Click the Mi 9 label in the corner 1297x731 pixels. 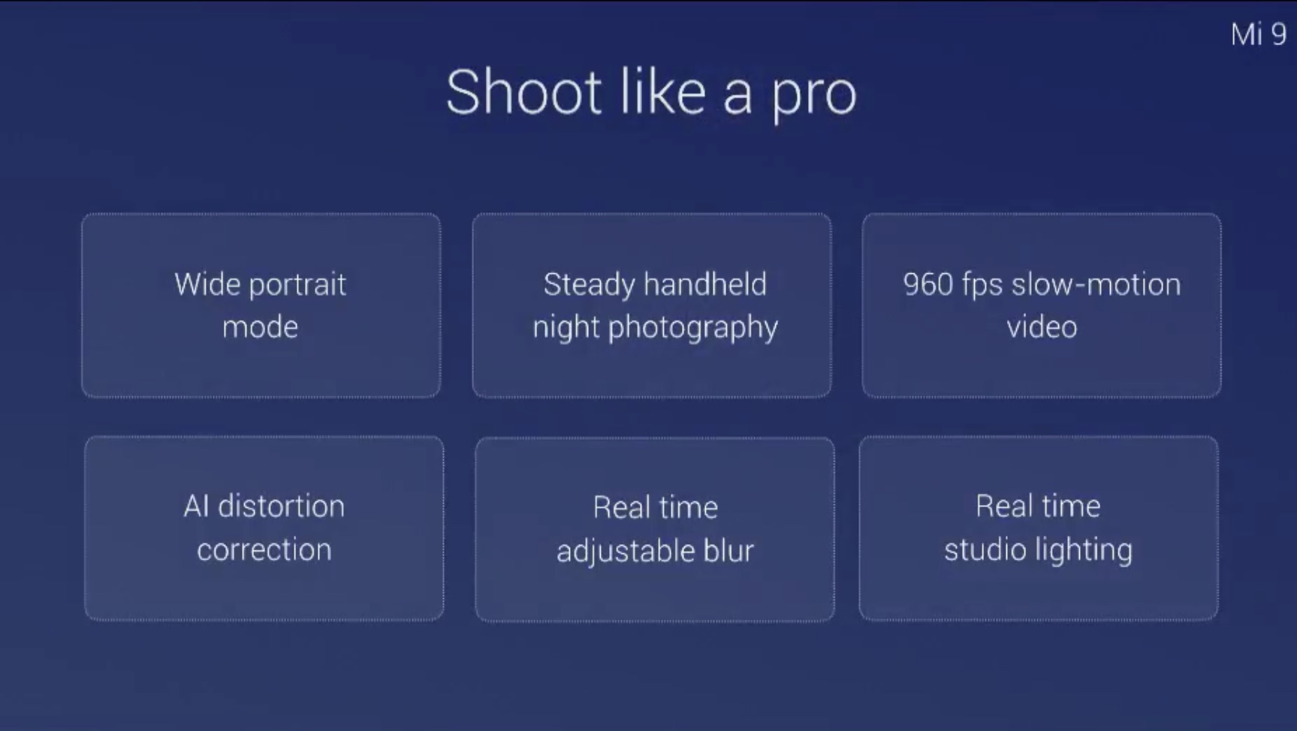click(1259, 35)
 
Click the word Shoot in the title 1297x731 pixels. click(524, 92)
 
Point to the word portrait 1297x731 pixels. click(297, 286)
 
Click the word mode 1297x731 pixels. click(261, 327)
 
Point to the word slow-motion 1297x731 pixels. click(1096, 284)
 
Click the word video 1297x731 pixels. click(1042, 327)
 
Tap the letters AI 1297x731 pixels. click(196, 507)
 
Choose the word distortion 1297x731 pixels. click(282, 507)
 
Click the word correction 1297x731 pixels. click(264, 550)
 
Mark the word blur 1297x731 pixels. click(728, 551)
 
